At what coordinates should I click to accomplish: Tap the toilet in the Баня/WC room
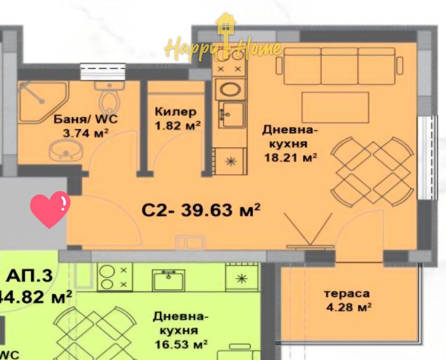[108, 98]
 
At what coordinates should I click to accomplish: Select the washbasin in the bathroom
[65, 151]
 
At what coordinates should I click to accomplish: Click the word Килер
[176, 112]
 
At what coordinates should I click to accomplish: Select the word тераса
[346, 294]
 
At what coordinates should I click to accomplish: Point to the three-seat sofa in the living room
[339, 65]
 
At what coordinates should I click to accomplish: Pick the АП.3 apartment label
[29, 276]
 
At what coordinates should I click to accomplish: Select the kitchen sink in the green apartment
[169, 280]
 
